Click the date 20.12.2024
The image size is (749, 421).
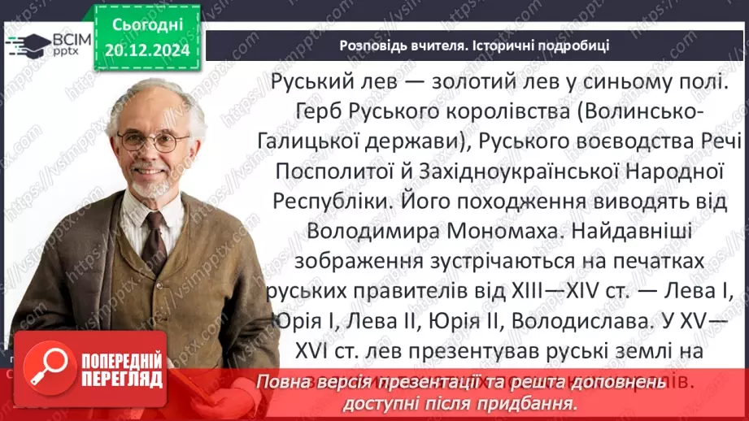(x=146, y=50)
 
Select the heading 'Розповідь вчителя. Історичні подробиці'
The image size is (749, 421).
(x=474, y=45)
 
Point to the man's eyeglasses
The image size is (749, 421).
(x=153, y=140)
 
